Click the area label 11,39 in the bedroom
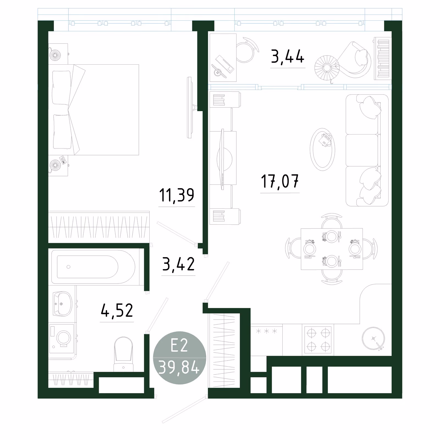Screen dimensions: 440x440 [x=177, y=195]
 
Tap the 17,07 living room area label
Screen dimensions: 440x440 [x=280, y=181]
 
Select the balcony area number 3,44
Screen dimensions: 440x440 [x=288, y=56]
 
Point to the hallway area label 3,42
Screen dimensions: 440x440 [x=178, y=264]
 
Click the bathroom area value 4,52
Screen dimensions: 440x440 [x=117, y=310]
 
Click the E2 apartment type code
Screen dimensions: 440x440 [x=179, y=345]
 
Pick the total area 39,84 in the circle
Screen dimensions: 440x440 [x=179, y=367]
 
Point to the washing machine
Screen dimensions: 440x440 [x=62, y=339]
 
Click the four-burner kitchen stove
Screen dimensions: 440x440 [x=318, y=340]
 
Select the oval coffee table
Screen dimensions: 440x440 [x=323, y=149]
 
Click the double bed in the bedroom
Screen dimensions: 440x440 [x=94, y=110]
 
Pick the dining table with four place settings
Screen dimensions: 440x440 [x=332, y=249]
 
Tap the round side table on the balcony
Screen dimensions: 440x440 [x=327, y=68]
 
